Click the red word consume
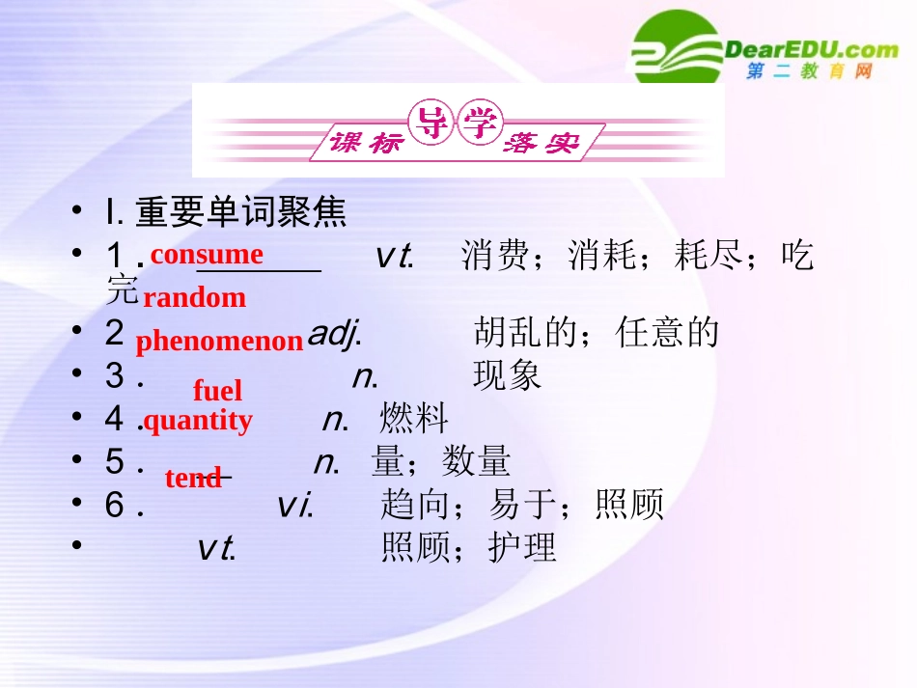pyautogui.click(x=207, y=254)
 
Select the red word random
pyautogui.click(x=194, y=297)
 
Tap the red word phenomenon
pyautogui.click(x=219, y=342)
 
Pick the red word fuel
pyautogui.click(x=217, y=391)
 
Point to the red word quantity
pyautogui.click(x=198, y=420)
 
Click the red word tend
pyautogui.click(x=193, y=478)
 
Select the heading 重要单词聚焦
pyautogui.click(x=240, y=212)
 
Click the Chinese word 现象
pyautogui.click(x=508, y=376)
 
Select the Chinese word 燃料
pyautogui.click(x=414, y=419)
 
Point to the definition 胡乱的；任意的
pyautogui.click(x=597, y=333)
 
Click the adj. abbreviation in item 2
pyautogui.click(x=334, y=334)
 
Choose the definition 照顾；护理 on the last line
pyautogui.click(x=469, y=547)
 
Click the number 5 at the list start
pyautogui.click(x=115, y=461)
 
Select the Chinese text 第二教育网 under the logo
pyautogui.click(x=809, y=72)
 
